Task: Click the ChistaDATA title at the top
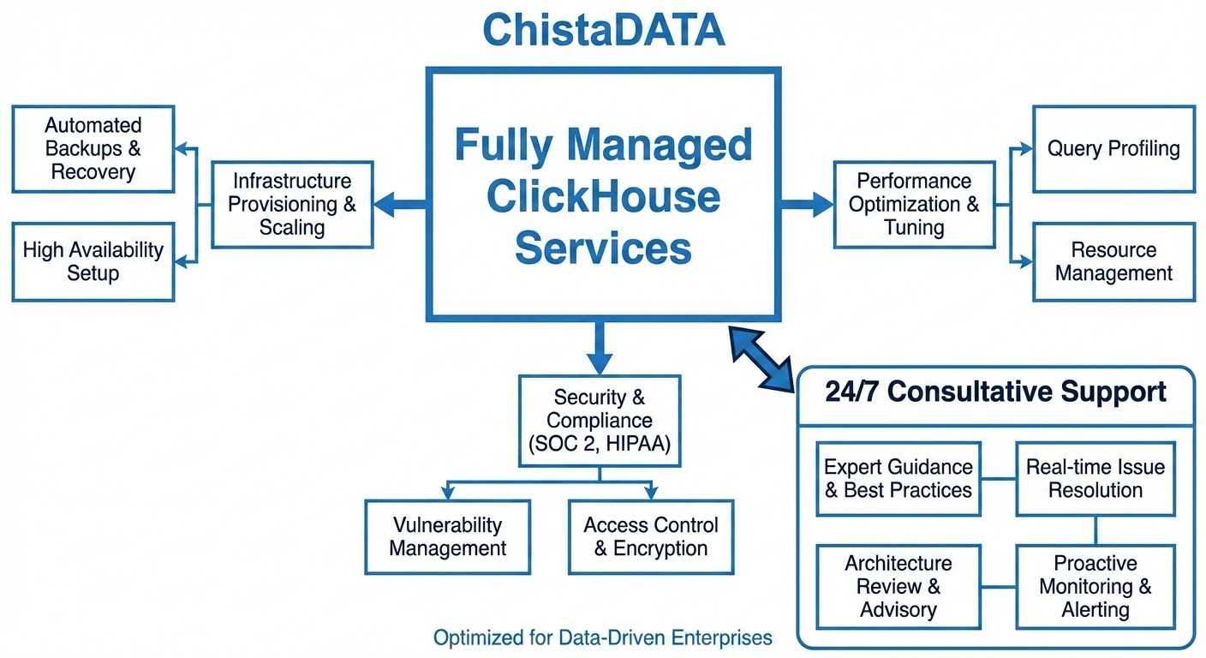[x=604, y=31]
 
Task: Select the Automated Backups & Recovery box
[x=93, y=149]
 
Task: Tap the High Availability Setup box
[x=93, y=262]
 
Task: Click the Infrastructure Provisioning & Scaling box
[x=292, y=204]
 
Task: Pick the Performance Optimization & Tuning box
[x=915, y=204]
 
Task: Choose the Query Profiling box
[x=1113, y=149]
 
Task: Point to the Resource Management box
[x=1113, y=262]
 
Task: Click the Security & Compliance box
[x=600, y=421]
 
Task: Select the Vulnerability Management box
[x=447, y=537]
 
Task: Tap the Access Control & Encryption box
[x=651, y=537]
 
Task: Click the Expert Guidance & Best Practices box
[x=898, y=479]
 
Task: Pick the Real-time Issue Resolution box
[x=1096, y=479]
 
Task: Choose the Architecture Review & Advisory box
[x=898, y=587]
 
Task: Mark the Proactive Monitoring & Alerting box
[x=1096, y=587]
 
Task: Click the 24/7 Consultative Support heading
[x=995, y=392]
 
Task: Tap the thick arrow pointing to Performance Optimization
[x=805, y=204]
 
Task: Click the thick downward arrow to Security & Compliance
[x=600, y=347]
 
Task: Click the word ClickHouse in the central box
[x=603, y=197]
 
